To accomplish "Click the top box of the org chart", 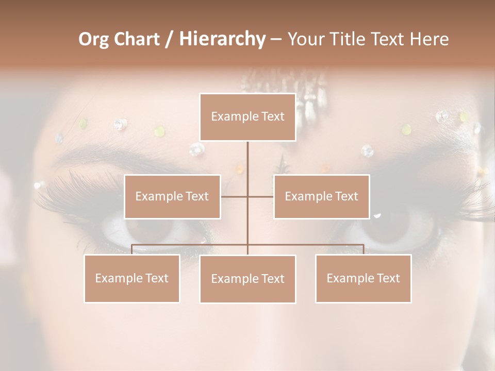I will (247, 117).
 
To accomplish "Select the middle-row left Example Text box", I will (172, 196).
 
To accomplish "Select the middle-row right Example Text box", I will (321, 196).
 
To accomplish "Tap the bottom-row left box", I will (131, 278).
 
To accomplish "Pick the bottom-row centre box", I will (247, 279).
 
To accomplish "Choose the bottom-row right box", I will (363, 278).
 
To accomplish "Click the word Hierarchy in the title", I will (222, 39).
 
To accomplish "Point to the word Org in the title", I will (93, 39).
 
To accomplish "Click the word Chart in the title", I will (136, 39).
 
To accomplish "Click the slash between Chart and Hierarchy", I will (169, 39).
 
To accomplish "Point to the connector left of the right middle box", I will (261, 196).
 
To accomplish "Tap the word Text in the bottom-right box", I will (388, 278).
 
